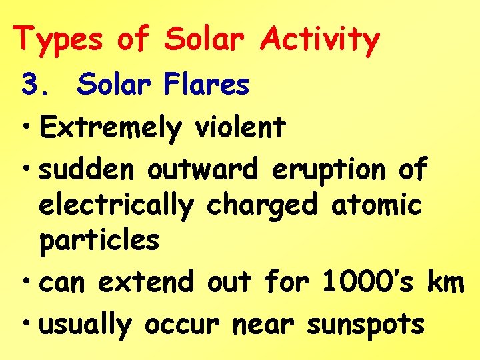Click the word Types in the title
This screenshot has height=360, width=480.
[59, 39]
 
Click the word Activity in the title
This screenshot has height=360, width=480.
[319, 39]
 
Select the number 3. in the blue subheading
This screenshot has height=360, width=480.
[35, 85]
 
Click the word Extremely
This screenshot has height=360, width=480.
[110, 127]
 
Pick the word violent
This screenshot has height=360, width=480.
[240, 127]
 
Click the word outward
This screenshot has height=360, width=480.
[203, 170]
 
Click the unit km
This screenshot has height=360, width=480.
[445, 283]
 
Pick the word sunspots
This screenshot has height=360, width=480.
[365, 326]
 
